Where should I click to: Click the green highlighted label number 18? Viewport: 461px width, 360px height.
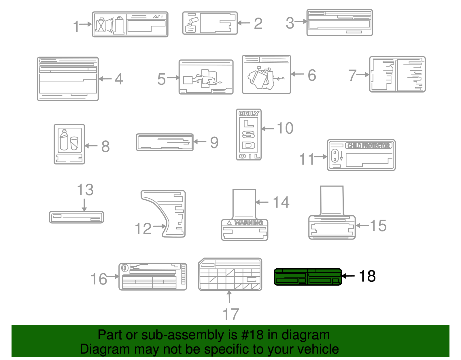pos(307,277)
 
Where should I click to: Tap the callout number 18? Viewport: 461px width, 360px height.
pos(367,276)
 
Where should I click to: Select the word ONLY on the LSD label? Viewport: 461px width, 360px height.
pos(249,114)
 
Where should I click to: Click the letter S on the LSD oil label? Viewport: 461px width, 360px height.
pos(248,134)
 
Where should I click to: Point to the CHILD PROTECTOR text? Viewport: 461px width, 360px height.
pos(369,146)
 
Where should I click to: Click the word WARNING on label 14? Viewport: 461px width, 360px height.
pos(248,223)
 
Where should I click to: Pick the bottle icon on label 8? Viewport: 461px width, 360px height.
pos(64,140)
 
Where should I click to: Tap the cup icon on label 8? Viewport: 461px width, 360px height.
pos(74,143)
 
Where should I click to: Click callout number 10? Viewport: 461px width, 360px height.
pos(285,128)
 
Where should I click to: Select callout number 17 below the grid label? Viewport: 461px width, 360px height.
pos(231,314)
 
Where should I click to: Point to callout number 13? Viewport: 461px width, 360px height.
pos(85,190)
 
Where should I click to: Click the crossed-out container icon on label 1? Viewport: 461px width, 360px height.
pos(101,25)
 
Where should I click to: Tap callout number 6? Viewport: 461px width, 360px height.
pos(312,75)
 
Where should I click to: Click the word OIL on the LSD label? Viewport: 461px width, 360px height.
pos(249,156)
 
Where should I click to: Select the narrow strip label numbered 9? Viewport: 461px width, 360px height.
pos(165,142)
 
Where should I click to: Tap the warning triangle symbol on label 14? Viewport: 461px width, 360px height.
pos(229,223)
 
